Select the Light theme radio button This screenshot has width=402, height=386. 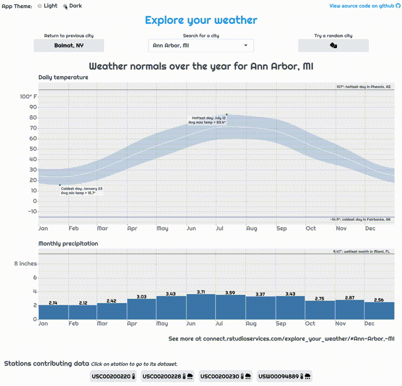[40, 6]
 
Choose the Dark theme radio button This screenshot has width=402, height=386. [66, 6]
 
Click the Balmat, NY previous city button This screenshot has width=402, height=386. [69, 45]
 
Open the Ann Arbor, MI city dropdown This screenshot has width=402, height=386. [201, 45]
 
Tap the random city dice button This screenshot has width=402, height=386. [333, 45]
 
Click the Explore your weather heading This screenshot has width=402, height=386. [201, 20]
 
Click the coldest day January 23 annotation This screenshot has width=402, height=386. [81, 190]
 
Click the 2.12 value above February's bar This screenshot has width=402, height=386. [82, 303]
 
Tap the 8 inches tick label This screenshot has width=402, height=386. [25, 264]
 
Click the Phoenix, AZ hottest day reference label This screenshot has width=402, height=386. [363, 87]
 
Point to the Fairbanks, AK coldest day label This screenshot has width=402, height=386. [360, 220]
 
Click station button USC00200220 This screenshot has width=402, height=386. [114, 376]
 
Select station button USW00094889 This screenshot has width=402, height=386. [284, 376]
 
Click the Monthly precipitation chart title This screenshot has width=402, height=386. [68, 244]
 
